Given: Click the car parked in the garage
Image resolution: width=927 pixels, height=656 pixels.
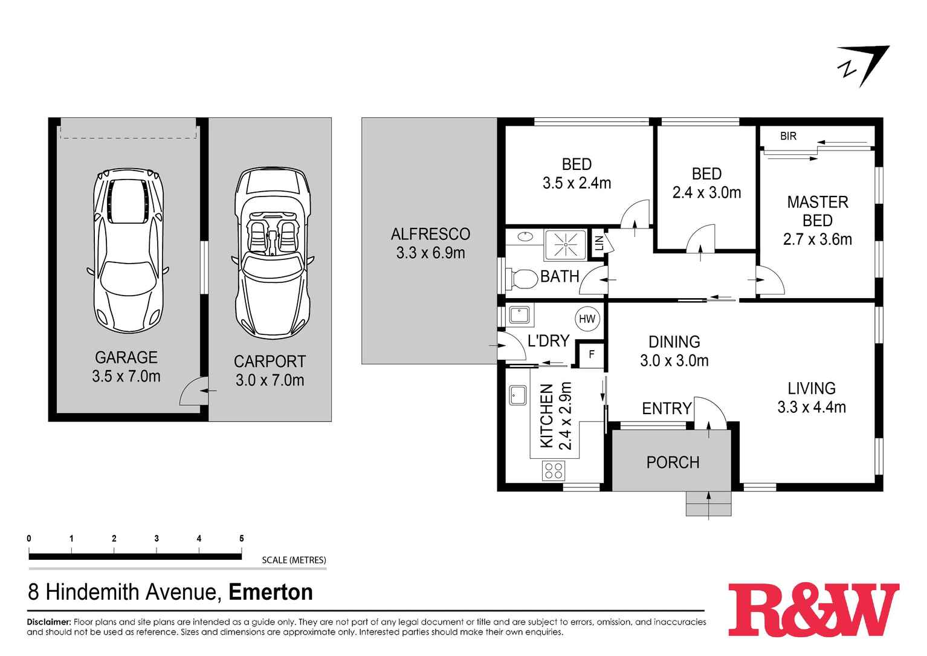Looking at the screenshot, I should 127,251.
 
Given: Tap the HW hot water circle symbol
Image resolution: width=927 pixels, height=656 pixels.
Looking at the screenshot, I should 587,319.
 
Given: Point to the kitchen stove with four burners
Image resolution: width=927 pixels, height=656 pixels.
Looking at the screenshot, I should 554,470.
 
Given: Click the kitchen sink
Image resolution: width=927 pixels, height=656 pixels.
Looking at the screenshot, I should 518,395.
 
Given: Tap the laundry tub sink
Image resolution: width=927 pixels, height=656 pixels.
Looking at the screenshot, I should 519,315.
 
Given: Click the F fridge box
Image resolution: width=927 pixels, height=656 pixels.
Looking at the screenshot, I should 592,355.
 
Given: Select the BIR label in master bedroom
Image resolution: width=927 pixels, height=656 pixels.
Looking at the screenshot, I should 788,137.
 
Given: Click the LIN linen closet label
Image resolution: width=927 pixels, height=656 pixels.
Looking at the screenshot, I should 599,244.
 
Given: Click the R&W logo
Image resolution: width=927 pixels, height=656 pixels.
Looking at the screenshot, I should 813,609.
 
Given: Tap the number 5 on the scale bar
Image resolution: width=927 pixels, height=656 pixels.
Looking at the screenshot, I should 241,539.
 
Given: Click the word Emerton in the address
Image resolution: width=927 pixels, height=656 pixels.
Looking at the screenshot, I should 271,592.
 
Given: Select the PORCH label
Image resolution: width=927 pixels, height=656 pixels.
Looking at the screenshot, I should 673,463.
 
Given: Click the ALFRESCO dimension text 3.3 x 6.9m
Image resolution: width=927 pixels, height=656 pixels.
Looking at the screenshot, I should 430,253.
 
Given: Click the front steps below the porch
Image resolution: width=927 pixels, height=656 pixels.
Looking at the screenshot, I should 708,504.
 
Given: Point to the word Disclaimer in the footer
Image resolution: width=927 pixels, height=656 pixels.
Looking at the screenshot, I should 48,622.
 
